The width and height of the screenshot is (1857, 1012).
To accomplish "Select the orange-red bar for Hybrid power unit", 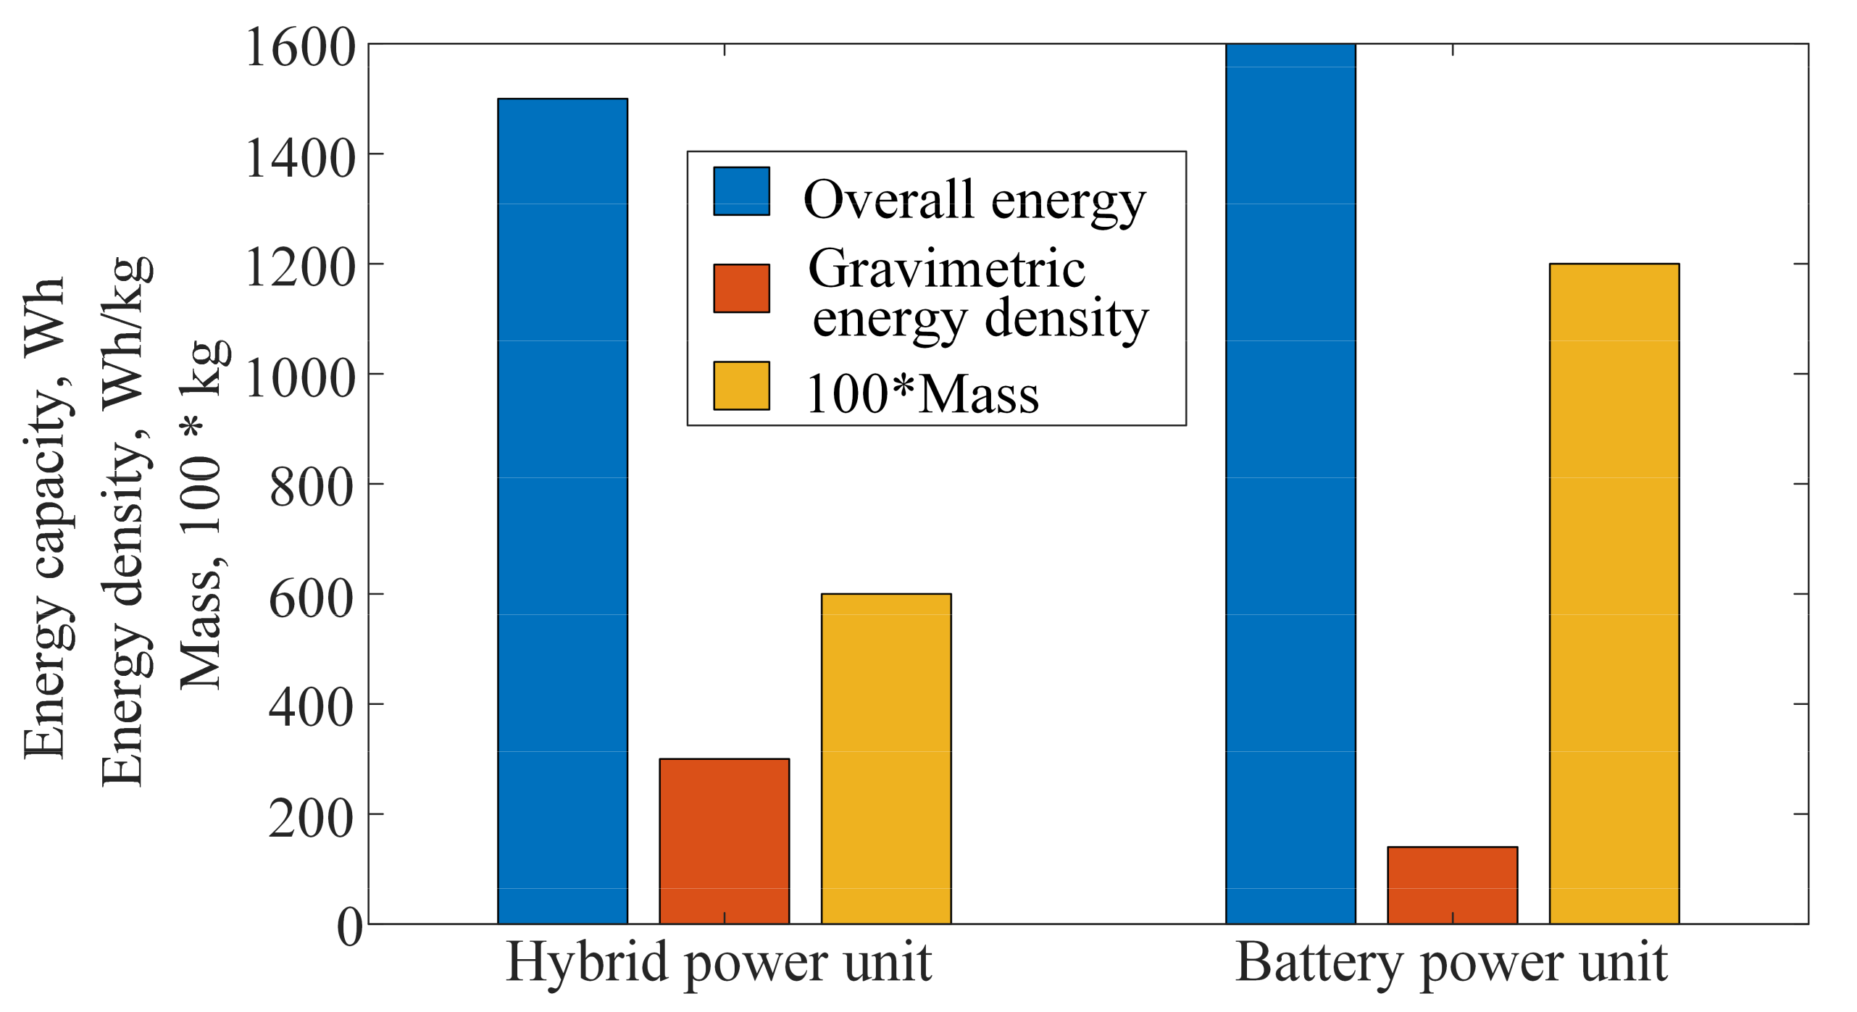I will click(x=724, y=841).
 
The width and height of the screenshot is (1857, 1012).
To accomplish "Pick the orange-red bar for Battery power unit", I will click(x=1452, y=885).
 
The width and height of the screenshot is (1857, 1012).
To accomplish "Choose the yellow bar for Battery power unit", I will click(x=1614, y=593).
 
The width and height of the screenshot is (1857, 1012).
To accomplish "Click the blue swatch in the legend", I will click(x=741, y=191).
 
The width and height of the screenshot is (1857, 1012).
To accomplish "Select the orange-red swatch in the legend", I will click(x=741, y=288).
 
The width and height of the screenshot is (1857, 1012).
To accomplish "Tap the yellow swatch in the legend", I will click(x=741, y=385).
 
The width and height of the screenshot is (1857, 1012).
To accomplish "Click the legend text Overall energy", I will click(x=974, y=199).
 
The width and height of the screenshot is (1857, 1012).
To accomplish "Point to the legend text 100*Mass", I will click(x=922, y=395).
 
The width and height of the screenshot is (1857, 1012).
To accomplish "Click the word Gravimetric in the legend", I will click(x=946, y=269).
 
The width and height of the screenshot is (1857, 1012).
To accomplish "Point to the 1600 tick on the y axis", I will click(x=301, y=48).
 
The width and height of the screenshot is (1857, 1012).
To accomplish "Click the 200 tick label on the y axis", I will click(x=312, y=819).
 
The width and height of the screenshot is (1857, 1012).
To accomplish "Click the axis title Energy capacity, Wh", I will click(x=45, y=517).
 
